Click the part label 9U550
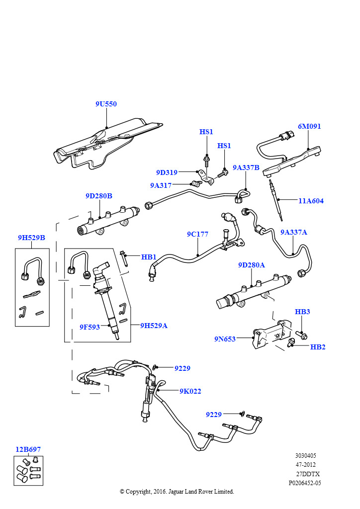click(x=106, y=104)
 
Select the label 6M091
click(x=309, y=126)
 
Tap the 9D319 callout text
click(x=167, y=172)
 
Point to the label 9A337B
click(x=246, y=168)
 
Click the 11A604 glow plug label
click(x=311, y=201)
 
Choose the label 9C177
click(x=197, y=234)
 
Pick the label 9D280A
click(x=251, y=265)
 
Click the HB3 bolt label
click(x=302, y=312)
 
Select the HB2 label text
click(x=317, y=347)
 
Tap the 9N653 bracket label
click(x=225, y=339)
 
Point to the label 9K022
click(x=190, y=392)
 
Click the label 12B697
click(x=28, y=449)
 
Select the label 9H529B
click(x=31, y=238)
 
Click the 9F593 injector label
click(x=90, y=327)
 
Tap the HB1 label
click(x=149, y=257)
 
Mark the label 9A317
click(x=161, y=185)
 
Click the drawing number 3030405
click(x=305, y=456)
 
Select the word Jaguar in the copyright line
click(x=176, y=492)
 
